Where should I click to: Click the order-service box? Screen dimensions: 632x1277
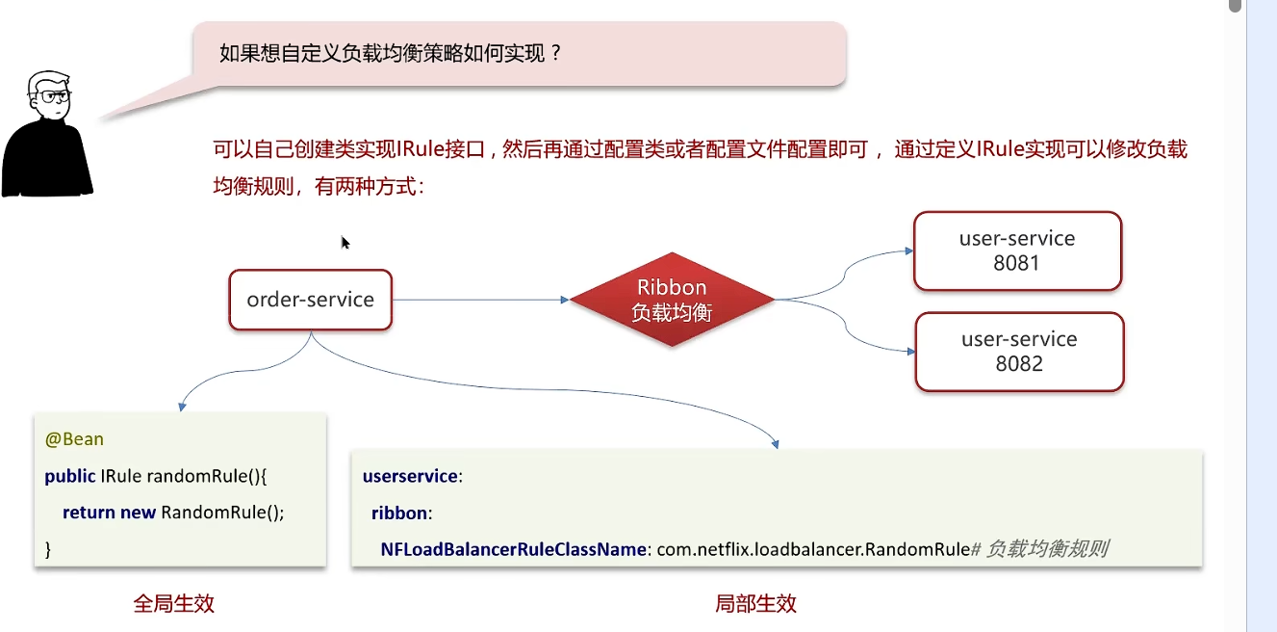coord(310,300)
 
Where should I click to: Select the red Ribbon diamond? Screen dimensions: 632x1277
coord(672,300)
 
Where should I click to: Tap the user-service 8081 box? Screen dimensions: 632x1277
coord(1017,250)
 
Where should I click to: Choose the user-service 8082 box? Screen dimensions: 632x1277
coord(1019,352)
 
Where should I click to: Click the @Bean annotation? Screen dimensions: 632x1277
coord(74,439)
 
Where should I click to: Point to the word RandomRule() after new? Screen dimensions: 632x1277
coord(223,513)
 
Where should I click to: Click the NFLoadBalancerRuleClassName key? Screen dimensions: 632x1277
coord(512,549)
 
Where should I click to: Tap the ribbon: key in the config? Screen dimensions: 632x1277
coord(401,513)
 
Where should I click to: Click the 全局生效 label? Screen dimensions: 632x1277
coord(173,604)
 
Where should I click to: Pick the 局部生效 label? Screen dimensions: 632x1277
coord(755,604)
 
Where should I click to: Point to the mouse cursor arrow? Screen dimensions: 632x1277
coord(345,242)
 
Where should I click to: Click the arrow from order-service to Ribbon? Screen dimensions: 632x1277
coord(481,300)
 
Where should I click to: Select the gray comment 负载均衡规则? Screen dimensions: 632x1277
coord(1046,549)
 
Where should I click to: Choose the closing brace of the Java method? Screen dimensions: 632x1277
coord(48,549)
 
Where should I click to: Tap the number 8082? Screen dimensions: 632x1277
coord(1019,364)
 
